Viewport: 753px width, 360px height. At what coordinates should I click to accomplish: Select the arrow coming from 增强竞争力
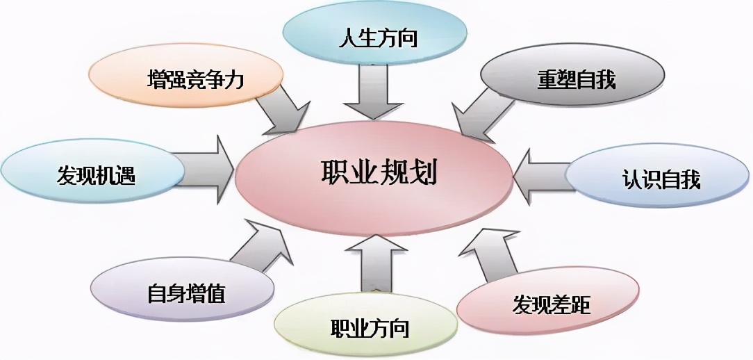(281, 111)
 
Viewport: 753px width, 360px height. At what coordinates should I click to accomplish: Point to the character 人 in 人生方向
(349, 35)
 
